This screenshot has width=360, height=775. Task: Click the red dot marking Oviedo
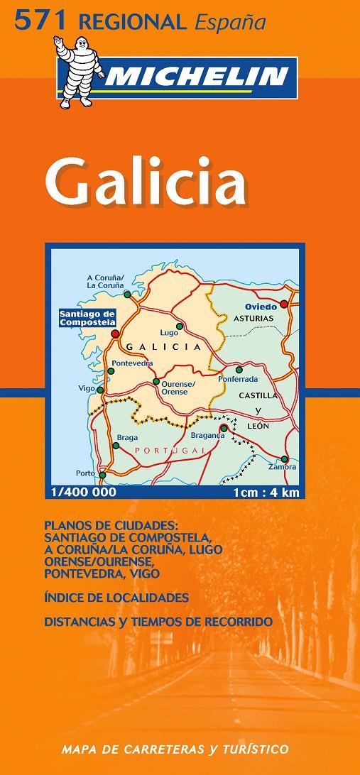point(284,304)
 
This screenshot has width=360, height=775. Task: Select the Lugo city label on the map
point(168,332)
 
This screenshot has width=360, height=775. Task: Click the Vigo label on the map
point(86,389)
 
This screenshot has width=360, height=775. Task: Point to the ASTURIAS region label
point(254,319)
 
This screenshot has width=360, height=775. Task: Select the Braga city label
point(128,438)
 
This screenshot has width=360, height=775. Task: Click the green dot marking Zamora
point(284,458)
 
